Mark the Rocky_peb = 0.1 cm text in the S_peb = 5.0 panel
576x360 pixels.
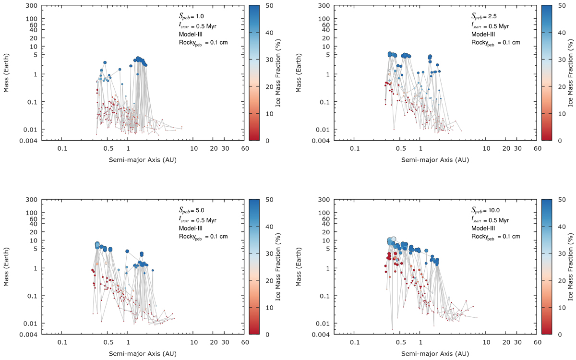(x=198, y=237)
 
